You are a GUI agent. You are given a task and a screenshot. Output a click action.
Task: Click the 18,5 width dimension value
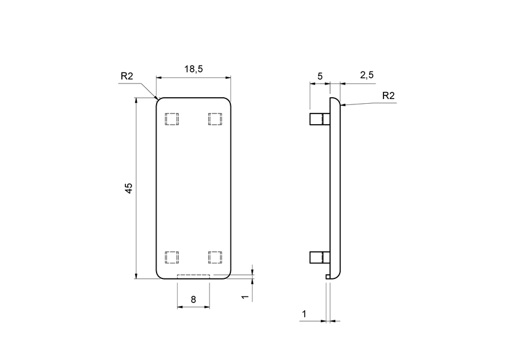click(x=193, y=69)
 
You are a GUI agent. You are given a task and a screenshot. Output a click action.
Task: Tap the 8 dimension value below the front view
click(x=193, y=299)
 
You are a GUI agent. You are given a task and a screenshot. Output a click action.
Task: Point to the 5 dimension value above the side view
click(x=320, y=76)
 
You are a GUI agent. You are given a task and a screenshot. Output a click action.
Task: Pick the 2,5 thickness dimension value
click(x=367, y=74)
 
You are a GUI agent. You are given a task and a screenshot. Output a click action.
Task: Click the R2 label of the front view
click(x=127, y=76)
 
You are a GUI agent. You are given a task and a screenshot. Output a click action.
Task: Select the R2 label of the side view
click(x=388, y=95)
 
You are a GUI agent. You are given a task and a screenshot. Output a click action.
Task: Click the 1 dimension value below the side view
click(x=304, y=314)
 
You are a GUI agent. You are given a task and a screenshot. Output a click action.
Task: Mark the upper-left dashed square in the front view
click(x=172, y=119)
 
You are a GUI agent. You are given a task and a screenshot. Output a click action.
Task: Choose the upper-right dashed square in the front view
click(x=215, y=119)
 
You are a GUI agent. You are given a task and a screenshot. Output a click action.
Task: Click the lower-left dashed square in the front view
click(x=172, y=257)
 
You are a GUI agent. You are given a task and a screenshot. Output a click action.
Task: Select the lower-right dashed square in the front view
click(x=215, y=257)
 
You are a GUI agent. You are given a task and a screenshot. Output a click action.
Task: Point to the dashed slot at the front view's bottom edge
click(x=193, y=276)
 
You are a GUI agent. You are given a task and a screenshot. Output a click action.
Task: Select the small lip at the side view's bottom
click(x=328, y=276)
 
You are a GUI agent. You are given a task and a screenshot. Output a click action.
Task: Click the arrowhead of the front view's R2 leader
click(x=155, y=98)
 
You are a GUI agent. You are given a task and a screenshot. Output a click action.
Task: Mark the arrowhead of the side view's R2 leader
click(x=342, y=106)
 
